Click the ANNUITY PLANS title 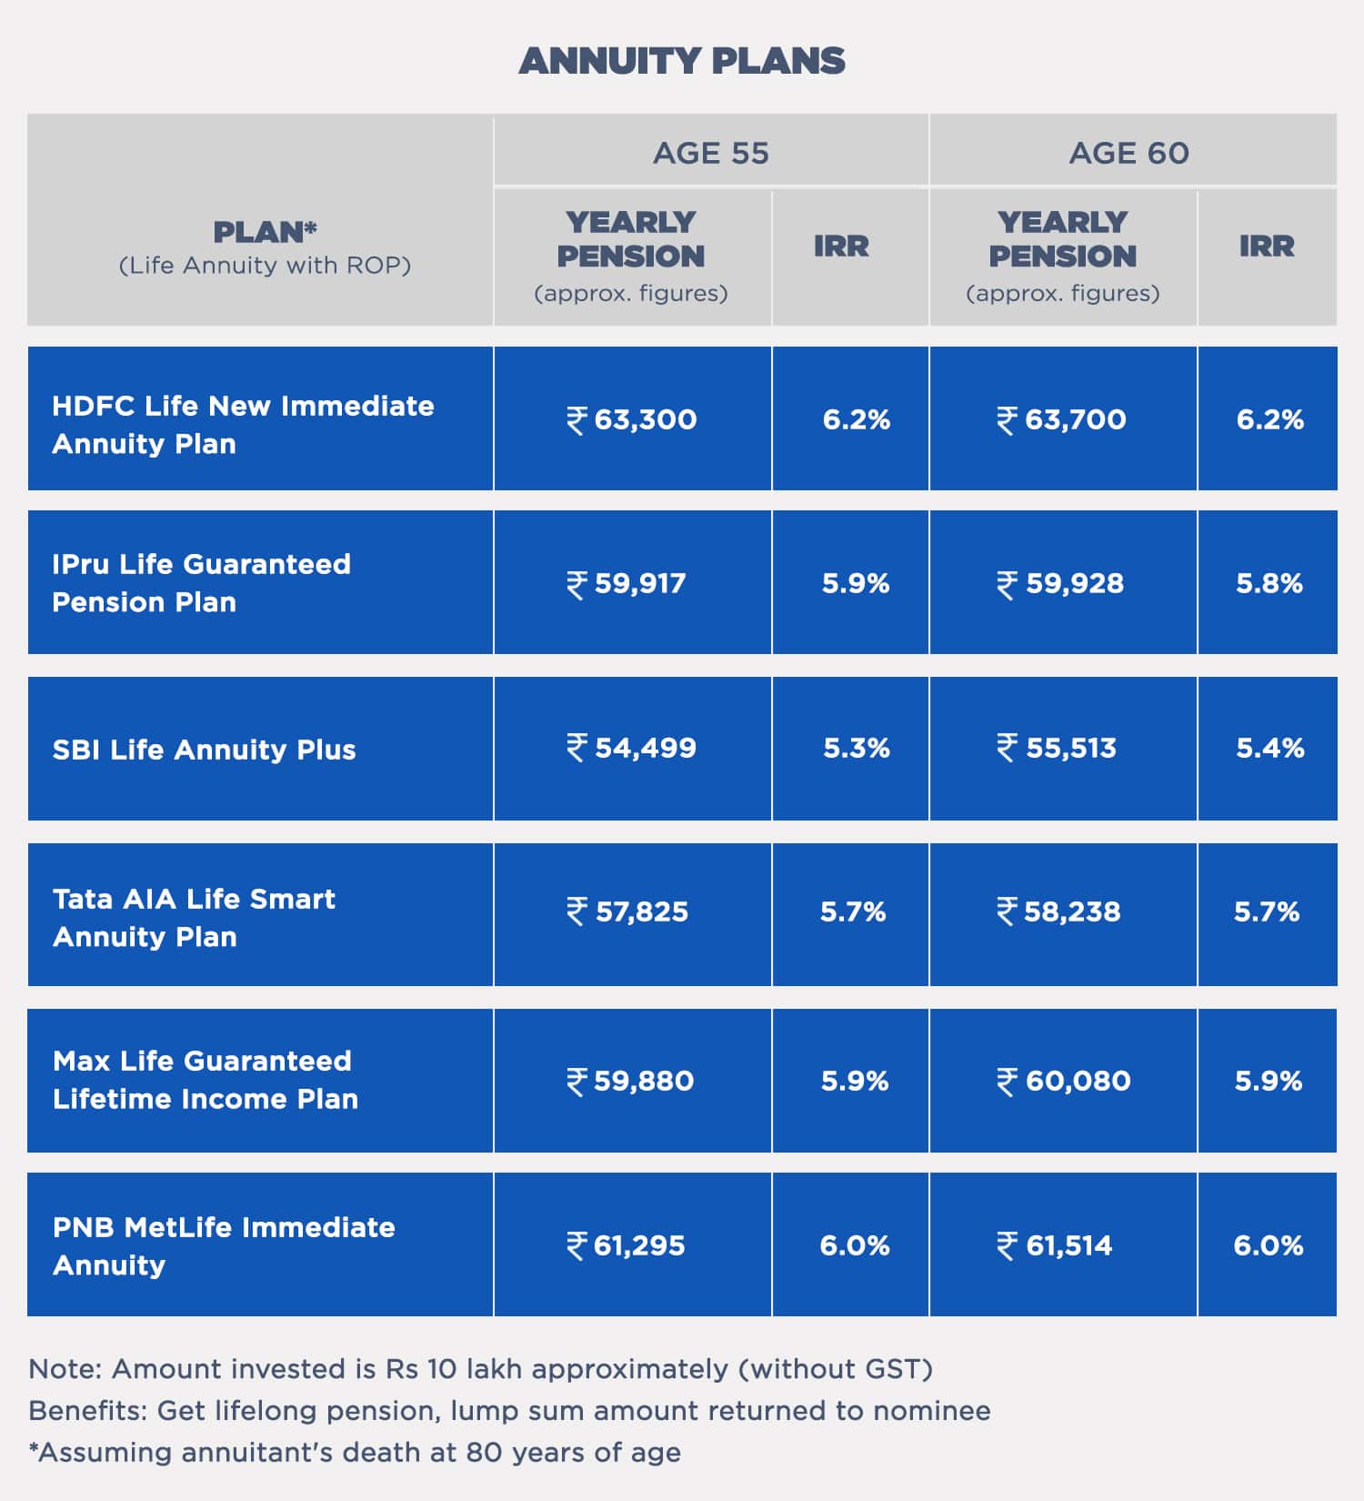pyautogui.click(x=682, y=61)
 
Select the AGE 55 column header pyautogui.click(x=710, y=153)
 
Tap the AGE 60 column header pyautogui.click(x=1128, y=153)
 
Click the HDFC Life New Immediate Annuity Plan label pyautogui.click(x=243, y=424)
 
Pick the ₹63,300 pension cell pyautogui.click(x=632, y=419)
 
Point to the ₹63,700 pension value pyautogui.click(x=1061, y=419)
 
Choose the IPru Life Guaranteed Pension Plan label pyautogui.click(x=201, y=582)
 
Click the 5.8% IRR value pyautogui.click(x=1269, y=583)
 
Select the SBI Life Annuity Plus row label pyautogui.click(x=204, y=750)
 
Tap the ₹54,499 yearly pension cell pyautogui.click(x=632, y=748)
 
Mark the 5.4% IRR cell pyautogui.click(x=1269, y=748)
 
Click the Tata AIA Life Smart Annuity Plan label pyautogui.click(x=194, y=917)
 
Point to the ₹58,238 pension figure pyautogui.click(x=1059, y=912)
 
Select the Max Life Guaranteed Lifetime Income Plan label pyautogui.click(x=206, y=1080)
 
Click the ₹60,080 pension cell pyautogui.click(x=1064, y=1081)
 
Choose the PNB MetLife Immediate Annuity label pyautogui.click(x=224, y=1245)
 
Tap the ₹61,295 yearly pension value pyautogui.click(x=627, y=1245)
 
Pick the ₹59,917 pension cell pyautogui.click(x=627, y=583)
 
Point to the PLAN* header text pyautogui.click(x=265, y=232)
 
